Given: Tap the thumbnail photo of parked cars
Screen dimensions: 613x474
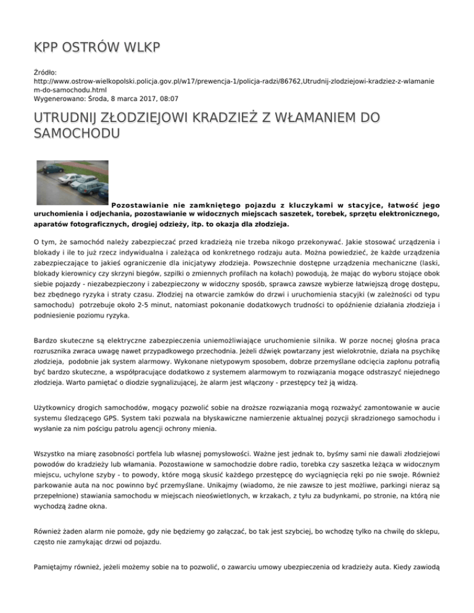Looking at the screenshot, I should pyautogui.click(x=72, y=181).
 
